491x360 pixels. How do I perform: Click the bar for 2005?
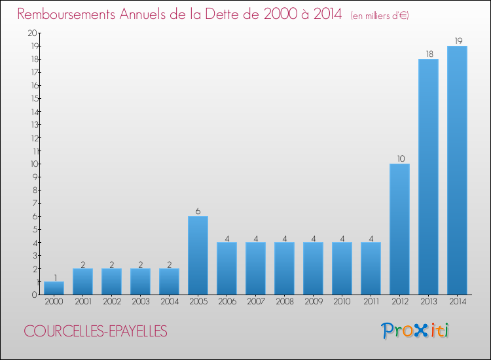pyautogui.click(x=198, y=255)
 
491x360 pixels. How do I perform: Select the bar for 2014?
pyautogui.click(x=457, y=170)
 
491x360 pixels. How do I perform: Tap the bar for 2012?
pyautogui.click(x=399, y=229)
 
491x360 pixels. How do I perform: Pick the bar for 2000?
pyautogui.click(x=54, y=288)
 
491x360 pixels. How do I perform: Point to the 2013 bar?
pyautogui.click(x=428, y=177)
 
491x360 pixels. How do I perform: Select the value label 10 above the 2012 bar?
pyautogui.click(x=399, y=159)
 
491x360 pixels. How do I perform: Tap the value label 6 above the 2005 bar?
pyautogui.click(x=198, y=211)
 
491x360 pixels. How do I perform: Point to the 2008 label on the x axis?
pyautogui.click(x=284, y=302)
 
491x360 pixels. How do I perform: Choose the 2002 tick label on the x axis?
pyautogui.click(x=111, y=302)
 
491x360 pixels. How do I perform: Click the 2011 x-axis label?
pyautogui.click(x=371, y=302)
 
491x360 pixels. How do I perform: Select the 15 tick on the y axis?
pyautogui.click(x=33, y=98)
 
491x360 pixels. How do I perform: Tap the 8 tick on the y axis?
pyautogui.click(x=34, y=190)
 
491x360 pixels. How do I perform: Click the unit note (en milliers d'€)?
pyautogui.click(x=380, y=15)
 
